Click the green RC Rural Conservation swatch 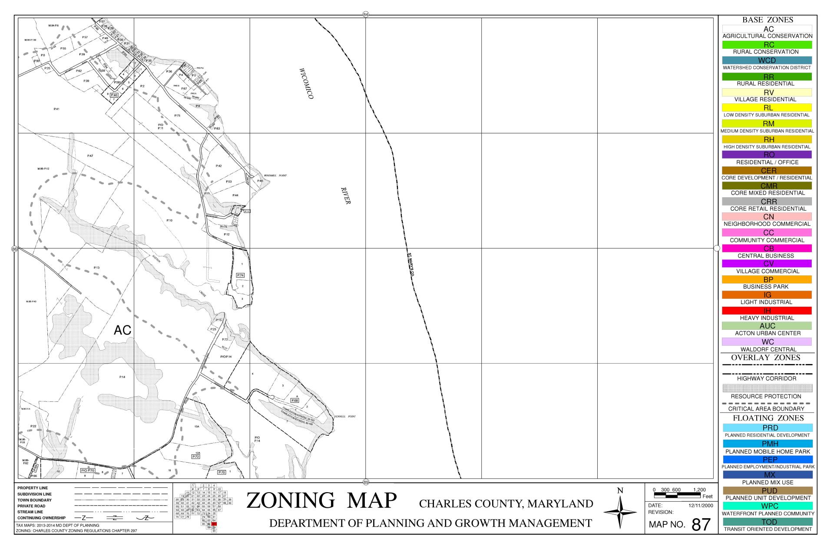[x=767, y=45]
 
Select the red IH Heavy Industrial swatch [x=767, y=311]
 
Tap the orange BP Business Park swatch [x=767, y=279]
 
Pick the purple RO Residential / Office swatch [x=767, y=155]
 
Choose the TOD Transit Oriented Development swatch [x=767, y=522]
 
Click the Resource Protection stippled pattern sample [x=767, y=388]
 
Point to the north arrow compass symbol [x=620, y=512]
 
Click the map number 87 [x=701, y=525]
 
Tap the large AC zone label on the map [x=122, y=331]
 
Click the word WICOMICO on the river [x=306, y=83]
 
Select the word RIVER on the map [x=346, y=195]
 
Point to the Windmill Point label [x=275, y=176]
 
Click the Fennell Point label [x=345, y=416]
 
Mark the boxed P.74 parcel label [x=240, y=275]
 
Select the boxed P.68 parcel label [x=295, y=400]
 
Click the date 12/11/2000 [x=701, y=506]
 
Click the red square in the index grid [x=214, y=524]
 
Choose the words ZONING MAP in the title [x=321, y=500]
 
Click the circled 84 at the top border [x=366, y=15]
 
